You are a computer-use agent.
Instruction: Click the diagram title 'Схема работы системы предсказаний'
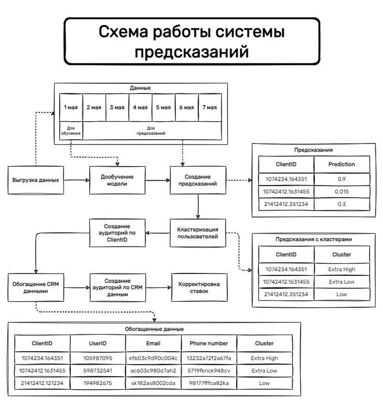[191, 41]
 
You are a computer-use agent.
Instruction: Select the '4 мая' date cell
[140, 107]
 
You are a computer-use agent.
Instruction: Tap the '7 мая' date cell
[210, 107]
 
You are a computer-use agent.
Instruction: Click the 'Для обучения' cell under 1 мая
[71, 131]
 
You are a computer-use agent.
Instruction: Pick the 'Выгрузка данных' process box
[36, 180]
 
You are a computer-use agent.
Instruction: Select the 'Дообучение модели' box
[117, 180]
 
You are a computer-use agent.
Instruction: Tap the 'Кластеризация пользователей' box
[198, 233]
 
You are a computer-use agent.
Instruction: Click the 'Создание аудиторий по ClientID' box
[117, 233]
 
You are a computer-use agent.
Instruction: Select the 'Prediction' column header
[342, 164]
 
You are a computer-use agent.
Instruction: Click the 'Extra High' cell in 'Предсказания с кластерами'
[342, 269]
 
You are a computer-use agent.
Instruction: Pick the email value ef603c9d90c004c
[153, 358]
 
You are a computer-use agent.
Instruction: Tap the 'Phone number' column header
[209, 343]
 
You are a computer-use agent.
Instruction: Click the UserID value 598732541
[97, 371]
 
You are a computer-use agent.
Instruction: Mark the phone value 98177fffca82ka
[209, 383]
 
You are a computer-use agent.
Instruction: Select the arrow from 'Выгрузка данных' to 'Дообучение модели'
[77, 180]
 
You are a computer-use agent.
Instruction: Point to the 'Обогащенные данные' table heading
[154, 329]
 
